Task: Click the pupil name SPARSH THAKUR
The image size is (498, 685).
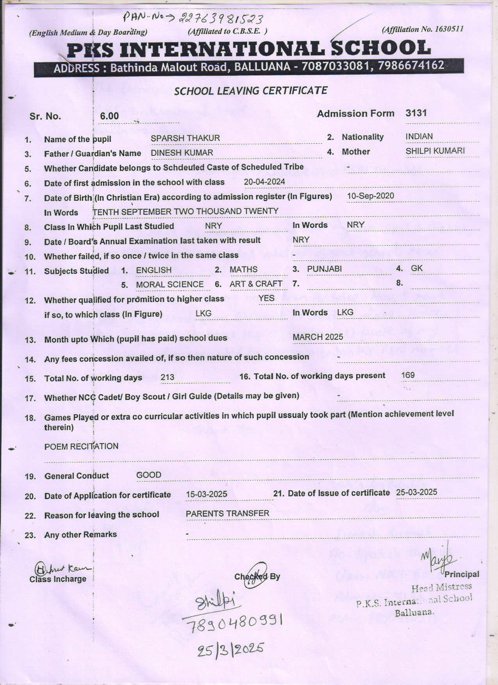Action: [185, 138]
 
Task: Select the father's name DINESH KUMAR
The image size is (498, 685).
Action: [182, 153]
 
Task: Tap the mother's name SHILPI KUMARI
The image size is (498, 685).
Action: [435, 151]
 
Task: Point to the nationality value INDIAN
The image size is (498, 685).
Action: [419, 137]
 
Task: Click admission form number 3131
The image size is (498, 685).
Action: [416, 113]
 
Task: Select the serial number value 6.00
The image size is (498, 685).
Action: [109, 116]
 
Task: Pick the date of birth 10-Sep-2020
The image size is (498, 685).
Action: [370, 196]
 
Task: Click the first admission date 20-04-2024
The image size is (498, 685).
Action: [264, 182]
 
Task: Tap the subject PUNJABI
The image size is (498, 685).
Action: [324, 269]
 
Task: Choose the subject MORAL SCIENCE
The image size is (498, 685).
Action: [170, 285]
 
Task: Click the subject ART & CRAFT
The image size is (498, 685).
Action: [256, 284]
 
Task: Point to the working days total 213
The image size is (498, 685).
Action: [167, 378]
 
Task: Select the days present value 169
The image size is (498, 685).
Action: [408, 375]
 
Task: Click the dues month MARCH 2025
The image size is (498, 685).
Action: [318, 337]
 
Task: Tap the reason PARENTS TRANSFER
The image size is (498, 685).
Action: [227, 514]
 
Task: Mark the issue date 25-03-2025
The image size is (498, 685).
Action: [416, 492]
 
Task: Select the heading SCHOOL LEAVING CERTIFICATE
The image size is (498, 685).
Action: [250, 91]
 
